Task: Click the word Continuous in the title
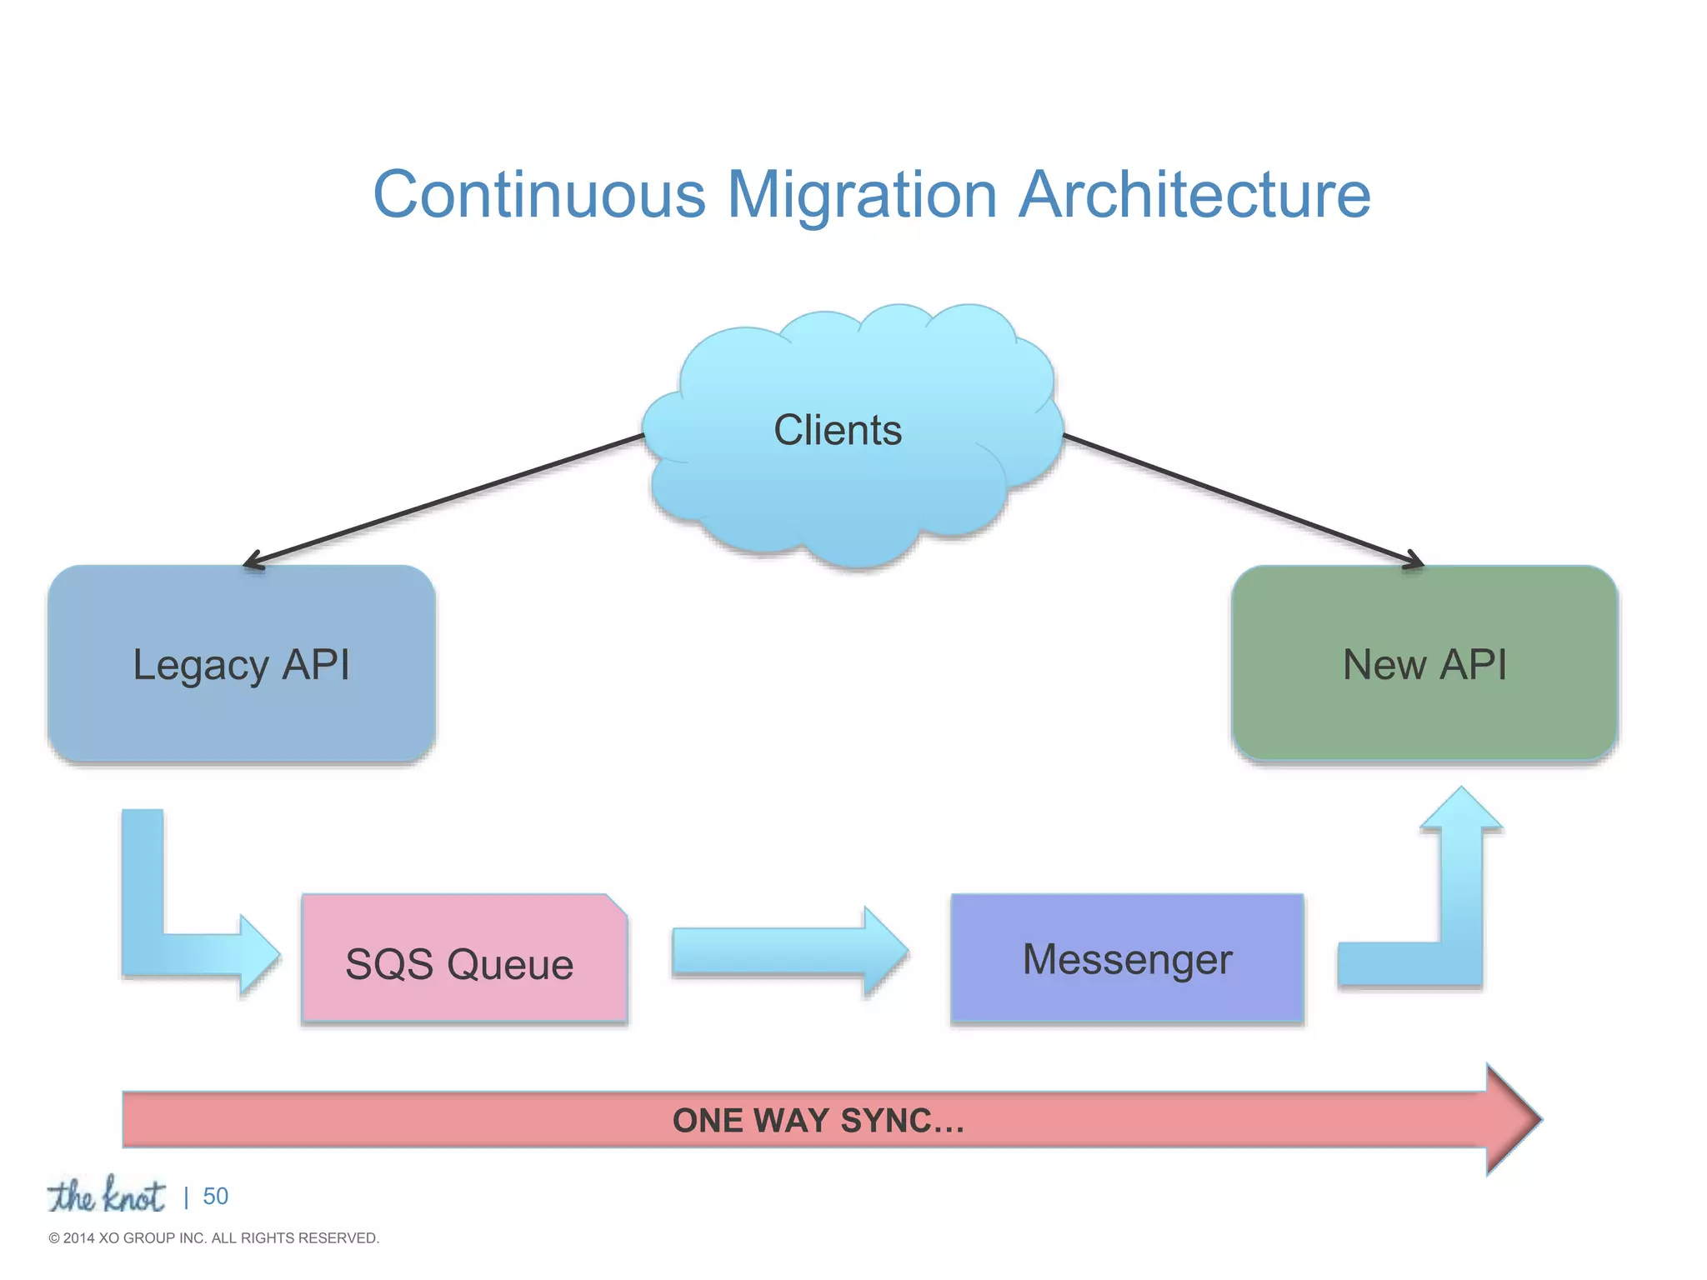[x=539, y=195]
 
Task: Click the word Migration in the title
[x=862, y=195]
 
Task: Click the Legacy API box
[x=241, y=664]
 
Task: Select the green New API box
[x=1424, y=664]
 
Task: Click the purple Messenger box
[x=1127, y=958]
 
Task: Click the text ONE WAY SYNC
[x=818, y=1121]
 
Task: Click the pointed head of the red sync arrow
[x=1513, y=1119]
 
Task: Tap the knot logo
[x=106, y=1196]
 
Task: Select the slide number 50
[x=215, y=1197]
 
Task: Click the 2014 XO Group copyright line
[x=214, y=1238]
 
